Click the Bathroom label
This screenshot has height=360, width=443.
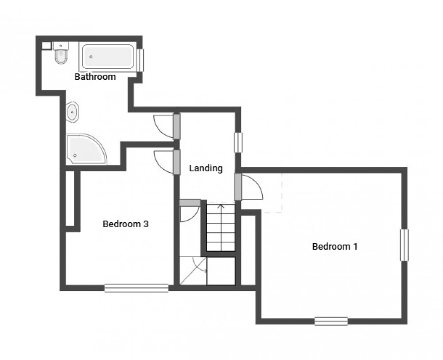(x=95, y=77)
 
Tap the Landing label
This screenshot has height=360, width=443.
(x=206, y=168)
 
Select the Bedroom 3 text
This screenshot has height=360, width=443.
(x=125, y=224)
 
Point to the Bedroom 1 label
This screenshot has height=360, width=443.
(x=334, y=247)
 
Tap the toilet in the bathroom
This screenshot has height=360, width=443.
(x=61, y=55)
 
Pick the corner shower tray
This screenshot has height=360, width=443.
(x=84, y=149)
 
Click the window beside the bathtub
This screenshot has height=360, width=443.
(x=140, y=59)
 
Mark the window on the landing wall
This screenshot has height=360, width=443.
(x=239, y=143)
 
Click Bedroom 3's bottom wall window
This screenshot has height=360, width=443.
(x=136, y=288)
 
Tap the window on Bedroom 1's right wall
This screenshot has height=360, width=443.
(x=404, y=245)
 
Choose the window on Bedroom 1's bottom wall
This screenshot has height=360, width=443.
(x=331, y=321)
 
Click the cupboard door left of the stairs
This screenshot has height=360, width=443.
(x=188, y=213)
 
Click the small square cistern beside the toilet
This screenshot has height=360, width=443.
(x=46, y=45)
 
